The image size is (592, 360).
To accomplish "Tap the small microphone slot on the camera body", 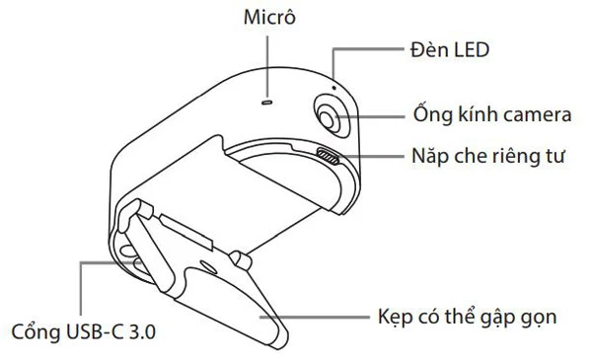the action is pyautogui.click(x=265, y=100).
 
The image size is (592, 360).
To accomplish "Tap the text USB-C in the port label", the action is pyautogui.click(x=95, y=328).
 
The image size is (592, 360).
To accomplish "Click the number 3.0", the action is pyautogui.click(x=142, y=328).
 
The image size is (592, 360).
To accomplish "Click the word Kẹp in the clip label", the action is pyautogui.click(x=396, y=318).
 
